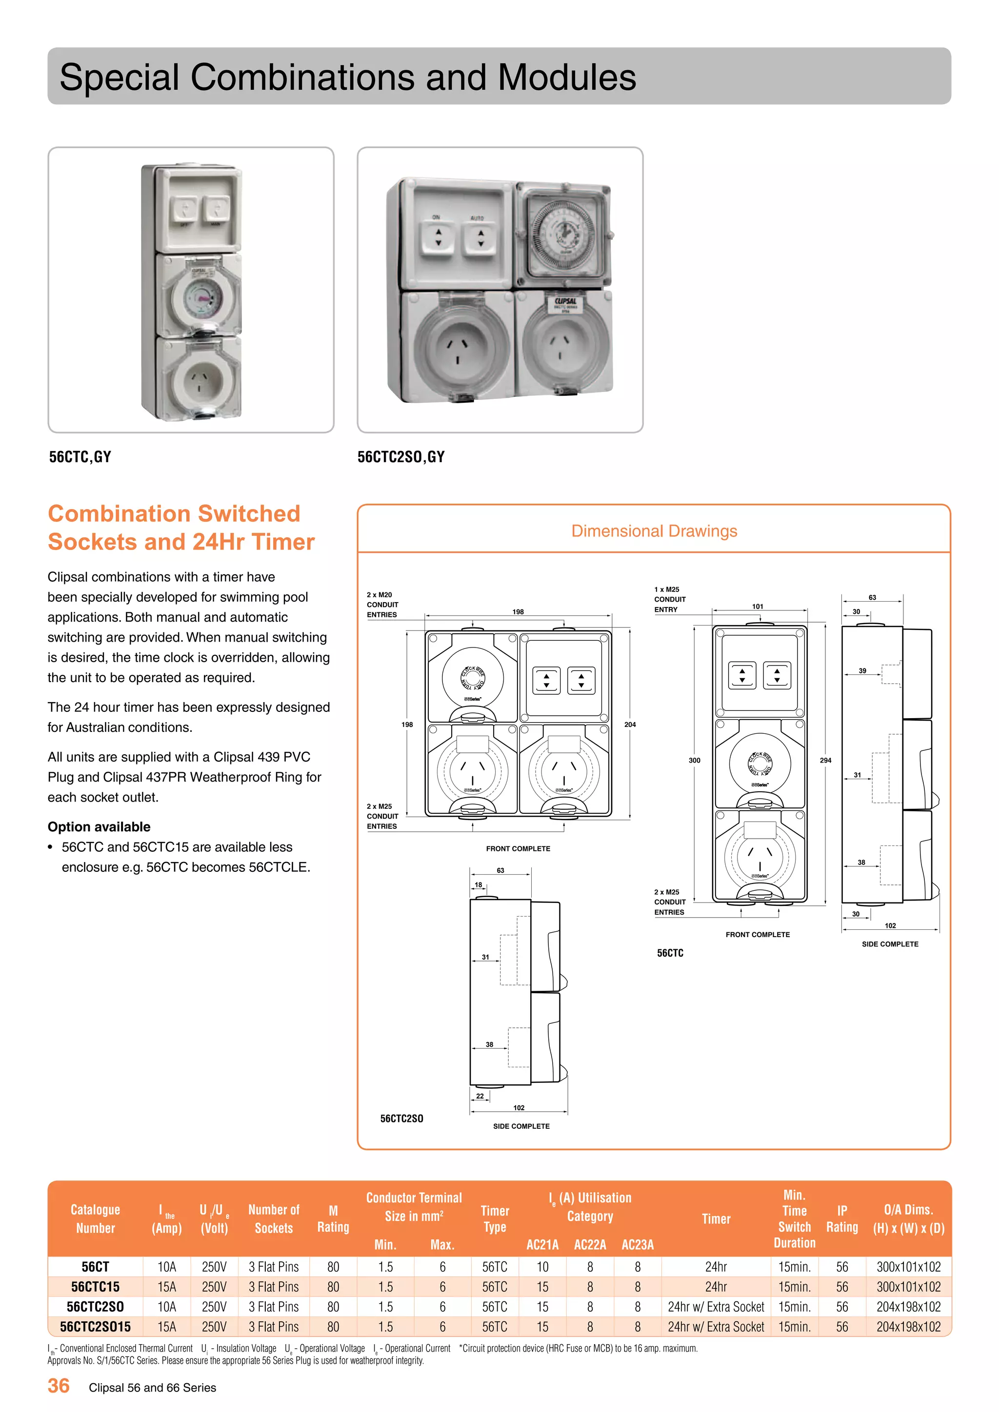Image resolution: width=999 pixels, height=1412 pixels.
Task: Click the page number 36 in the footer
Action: [59, 1386]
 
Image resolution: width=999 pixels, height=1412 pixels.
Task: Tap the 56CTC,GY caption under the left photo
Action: [80, 457]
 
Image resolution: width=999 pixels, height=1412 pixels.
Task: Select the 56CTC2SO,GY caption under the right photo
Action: [400, 457]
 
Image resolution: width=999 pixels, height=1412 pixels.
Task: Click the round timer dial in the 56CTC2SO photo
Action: [563, 235]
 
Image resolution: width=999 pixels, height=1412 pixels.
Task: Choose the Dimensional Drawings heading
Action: [654, 531]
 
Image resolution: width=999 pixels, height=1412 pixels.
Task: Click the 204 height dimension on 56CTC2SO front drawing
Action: [630, 725]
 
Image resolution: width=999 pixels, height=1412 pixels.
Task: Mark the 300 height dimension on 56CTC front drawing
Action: [694, 760]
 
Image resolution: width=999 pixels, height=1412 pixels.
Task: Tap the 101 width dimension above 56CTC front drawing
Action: [758, 607]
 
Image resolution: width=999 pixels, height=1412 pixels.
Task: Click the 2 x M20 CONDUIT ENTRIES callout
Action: [382, 605]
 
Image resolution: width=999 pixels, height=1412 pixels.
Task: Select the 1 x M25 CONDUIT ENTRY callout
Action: [669, 599]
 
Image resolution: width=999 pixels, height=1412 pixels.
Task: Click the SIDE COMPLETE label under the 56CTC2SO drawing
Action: [521, 1126]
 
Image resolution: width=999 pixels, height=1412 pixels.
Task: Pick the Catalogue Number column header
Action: [95, 1218]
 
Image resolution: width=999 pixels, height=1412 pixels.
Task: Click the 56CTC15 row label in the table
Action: [95, 1287]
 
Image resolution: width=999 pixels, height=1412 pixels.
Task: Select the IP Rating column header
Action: [841, 1218]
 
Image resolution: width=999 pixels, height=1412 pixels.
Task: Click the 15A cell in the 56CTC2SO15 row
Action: [167, 1327]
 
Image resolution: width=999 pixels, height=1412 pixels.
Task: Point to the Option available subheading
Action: [99, 826]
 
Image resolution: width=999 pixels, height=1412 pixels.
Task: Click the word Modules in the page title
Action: [566, 78]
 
